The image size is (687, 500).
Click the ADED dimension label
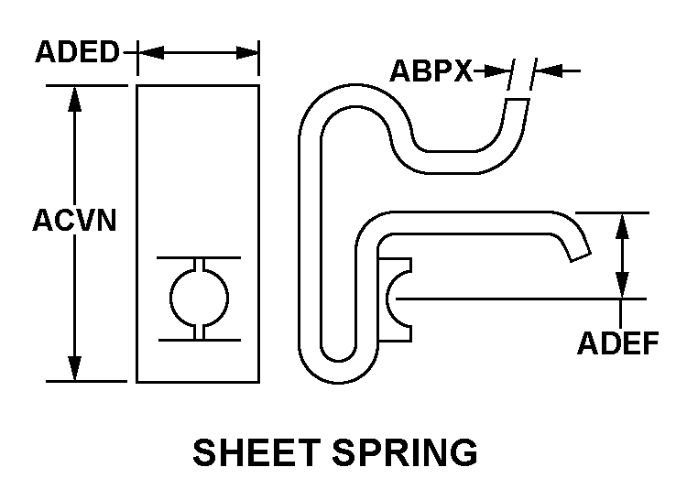tap(77, 52)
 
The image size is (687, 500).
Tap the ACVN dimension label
tap(74, 220)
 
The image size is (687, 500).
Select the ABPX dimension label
tap(431, 71)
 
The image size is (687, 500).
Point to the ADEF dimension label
tap(617, 342)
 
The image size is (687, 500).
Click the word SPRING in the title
tap(405, 452)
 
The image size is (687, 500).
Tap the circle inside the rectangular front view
tap(199, 299)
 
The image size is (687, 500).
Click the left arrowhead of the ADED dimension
tap(150, 52)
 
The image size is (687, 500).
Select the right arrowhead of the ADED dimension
tap(246, 52)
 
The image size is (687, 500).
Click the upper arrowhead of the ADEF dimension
tap(622, 226)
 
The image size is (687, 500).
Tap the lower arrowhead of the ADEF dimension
tap(622, 285)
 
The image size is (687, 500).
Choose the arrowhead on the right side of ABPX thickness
tap(549, 71)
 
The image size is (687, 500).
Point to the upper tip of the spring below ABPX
tap(518, 100)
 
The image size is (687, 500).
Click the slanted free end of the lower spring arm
tap(580, 257)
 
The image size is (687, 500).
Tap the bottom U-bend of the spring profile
tap(338, 373)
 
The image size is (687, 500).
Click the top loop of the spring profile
tap(355, 95)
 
